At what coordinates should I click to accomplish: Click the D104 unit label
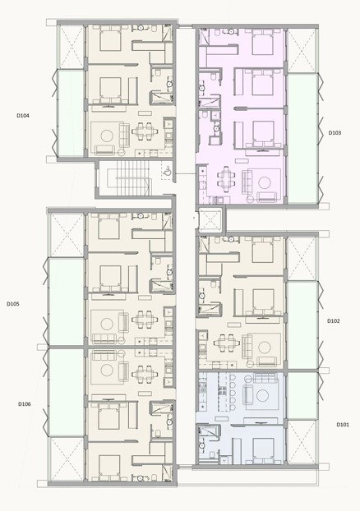[x=23, y=115]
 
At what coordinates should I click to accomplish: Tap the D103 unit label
[x=335, y=132]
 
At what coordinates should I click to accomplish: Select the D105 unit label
[x=13, y=304]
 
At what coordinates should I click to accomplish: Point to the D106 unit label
[x=25, y=404]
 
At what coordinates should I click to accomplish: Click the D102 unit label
[x=334, y=320]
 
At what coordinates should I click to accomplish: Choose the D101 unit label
[x=343, y=425]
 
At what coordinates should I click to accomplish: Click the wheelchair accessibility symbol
[x=167, y=171]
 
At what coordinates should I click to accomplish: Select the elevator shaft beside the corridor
[x=210, y=219]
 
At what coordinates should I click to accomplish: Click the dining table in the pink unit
[x=226, y=178]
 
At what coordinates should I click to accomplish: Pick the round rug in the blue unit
[x=262, y=396]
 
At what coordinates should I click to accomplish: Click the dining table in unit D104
[x=144, y=131]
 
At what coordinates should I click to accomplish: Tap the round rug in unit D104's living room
[x=107, y=136]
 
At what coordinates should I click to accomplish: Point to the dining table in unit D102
[x=226, y=343]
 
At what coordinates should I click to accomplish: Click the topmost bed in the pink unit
[x=262, y=43]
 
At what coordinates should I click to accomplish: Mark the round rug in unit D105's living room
[x=107, y=324]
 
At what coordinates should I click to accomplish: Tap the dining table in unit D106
[x=145, y=371]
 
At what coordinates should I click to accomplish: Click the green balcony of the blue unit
[x=302, y=396]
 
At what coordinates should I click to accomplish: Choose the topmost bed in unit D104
[x=110, y=39]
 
